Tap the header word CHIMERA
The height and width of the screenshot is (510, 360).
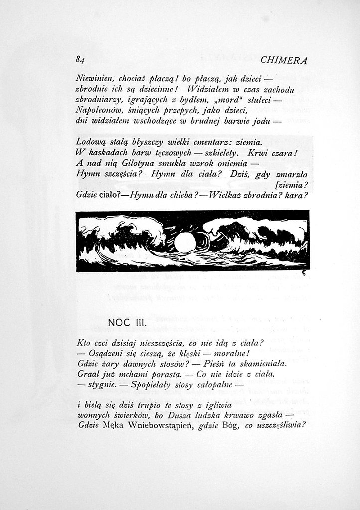pos(283,60)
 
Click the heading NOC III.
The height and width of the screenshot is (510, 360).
pos(126,322)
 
